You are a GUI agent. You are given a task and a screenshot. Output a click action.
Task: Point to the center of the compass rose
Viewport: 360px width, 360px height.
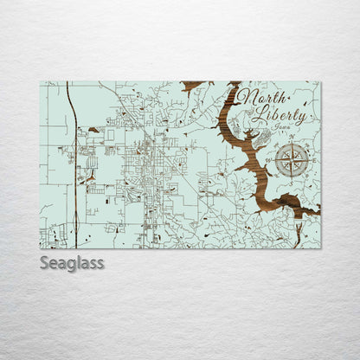coord(292,160)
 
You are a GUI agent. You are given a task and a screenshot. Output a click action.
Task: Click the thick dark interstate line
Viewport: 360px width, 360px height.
coord(74,173)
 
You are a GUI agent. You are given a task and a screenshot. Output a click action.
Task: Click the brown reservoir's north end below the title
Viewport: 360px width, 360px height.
coord(232,88)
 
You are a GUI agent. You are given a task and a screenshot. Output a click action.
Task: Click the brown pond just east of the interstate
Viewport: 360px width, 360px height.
coord(93,130)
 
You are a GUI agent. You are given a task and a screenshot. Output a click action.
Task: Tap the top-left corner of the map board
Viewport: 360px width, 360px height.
coord(40,82)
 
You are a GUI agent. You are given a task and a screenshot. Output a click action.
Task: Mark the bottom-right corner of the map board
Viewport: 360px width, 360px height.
coord(319,247)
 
